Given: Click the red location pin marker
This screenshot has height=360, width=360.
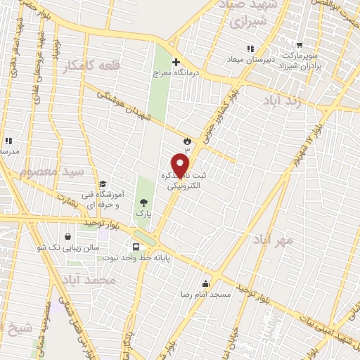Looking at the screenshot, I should [x=181, y=165].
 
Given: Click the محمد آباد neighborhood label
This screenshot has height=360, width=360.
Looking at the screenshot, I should [x=87, y=280].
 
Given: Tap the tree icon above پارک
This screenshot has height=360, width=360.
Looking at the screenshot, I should [x=144, y=202].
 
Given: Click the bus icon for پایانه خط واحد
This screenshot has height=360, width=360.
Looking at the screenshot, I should [x=136, y=247].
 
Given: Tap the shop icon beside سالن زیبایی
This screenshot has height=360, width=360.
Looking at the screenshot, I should [x=67, y=237].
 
